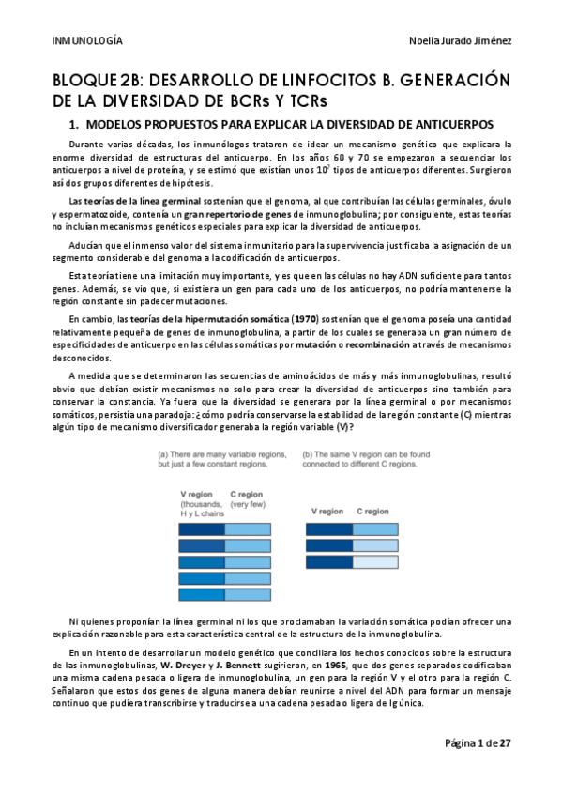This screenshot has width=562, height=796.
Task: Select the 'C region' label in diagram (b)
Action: pos(372,511)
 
